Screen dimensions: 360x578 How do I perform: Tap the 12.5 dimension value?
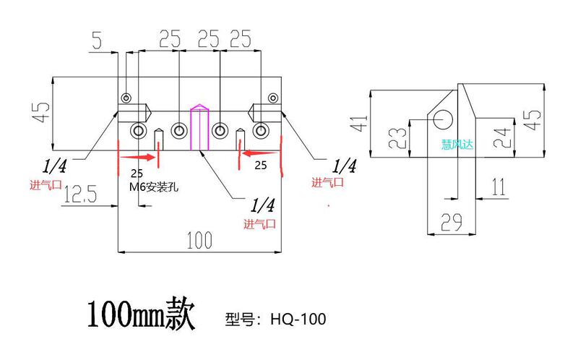coord(81,194)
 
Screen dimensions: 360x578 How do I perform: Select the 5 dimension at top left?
coord(97,40)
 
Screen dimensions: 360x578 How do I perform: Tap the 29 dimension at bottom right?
coord(452,222)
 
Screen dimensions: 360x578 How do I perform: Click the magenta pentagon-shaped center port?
coord(199,127)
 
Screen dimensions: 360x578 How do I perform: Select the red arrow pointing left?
coord(258,153)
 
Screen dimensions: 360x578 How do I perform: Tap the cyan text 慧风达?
coord(457,145)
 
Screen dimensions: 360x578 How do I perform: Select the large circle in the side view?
coord(444,118)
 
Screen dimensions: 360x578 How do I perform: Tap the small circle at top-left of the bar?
coord(127,98)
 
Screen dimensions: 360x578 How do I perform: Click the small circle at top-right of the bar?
coord(272,98)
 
